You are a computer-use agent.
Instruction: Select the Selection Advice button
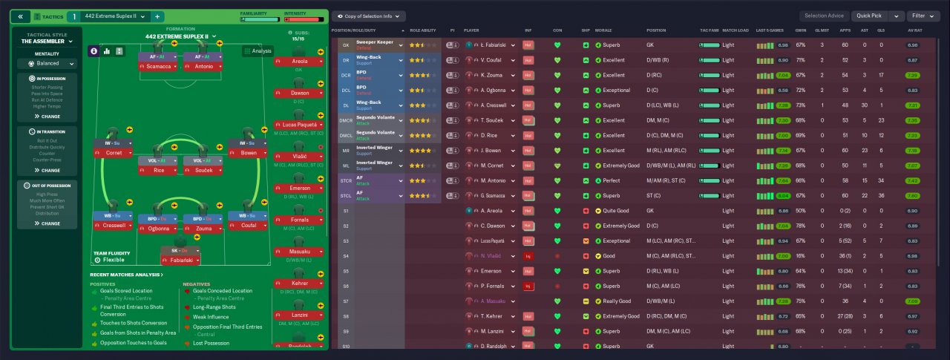pyautogui.click(x=825, y=16)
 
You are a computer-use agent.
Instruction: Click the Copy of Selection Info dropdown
pyautogui.click(x=370, y=16)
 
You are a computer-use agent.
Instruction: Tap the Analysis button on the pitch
pyautogui.click(x=258, y=51)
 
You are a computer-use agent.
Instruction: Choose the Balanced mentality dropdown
pyautogui.click(x=47, y=64)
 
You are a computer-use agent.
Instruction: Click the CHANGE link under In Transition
pyautogui.click(x=47, y=170)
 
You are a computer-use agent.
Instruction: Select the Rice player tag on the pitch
pyautogui.click(x=158, y=170)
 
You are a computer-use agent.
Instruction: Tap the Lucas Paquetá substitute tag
pyautogui.click(x=299, y=125)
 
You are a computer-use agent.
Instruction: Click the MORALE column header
pyautogui.click(x=603, y=30)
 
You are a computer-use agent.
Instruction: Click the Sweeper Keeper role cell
pyautogui.click(x=375, y=45)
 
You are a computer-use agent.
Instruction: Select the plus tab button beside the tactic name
pyautogui.click(x=158, y=16)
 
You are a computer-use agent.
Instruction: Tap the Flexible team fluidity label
pyautogui.click(x=113, y=260)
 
